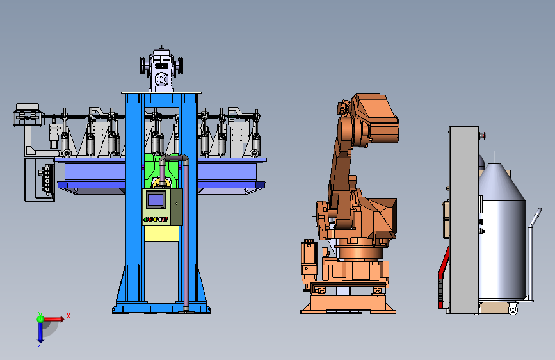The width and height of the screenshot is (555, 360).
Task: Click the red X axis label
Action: [x=68, y=316]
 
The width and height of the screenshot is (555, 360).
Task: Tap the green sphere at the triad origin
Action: [x=40, y=319]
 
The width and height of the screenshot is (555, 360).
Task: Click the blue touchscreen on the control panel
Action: [x=156, y=200]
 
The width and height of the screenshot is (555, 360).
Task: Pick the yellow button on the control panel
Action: [x=155, y=219]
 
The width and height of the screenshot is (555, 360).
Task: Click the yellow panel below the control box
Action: [x=161, y=234]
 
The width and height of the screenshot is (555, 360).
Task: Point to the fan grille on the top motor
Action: [x=161, y=79]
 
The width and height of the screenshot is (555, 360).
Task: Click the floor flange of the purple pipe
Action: [x=186, y=312]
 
